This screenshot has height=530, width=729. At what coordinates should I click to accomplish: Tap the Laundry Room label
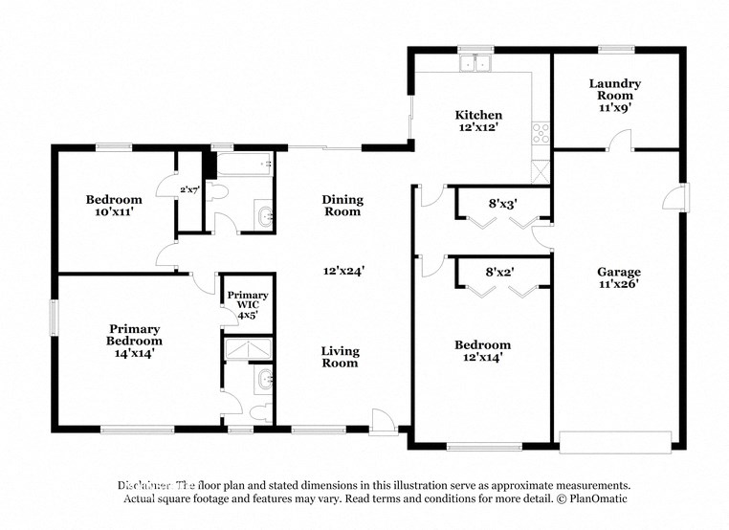coord(614,90)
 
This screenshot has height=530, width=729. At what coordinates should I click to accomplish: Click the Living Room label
coord(340,356)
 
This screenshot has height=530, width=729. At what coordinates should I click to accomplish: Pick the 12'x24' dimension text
coord(342,271)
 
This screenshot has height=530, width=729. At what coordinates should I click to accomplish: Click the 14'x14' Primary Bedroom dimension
coord(134,353)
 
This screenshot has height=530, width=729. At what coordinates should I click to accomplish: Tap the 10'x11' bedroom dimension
coord(114,212)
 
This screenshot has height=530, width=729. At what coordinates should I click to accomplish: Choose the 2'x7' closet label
coord(189,190)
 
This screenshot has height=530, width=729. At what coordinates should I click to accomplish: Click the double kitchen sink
coord(474,65)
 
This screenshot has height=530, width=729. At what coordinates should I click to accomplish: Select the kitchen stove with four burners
coord(541,133)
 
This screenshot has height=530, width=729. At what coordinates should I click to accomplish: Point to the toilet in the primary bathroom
coord(257,411)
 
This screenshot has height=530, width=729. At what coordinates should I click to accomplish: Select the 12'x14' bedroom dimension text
coord(482,358)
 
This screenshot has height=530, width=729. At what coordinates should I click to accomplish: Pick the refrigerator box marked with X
coord(541,172)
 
